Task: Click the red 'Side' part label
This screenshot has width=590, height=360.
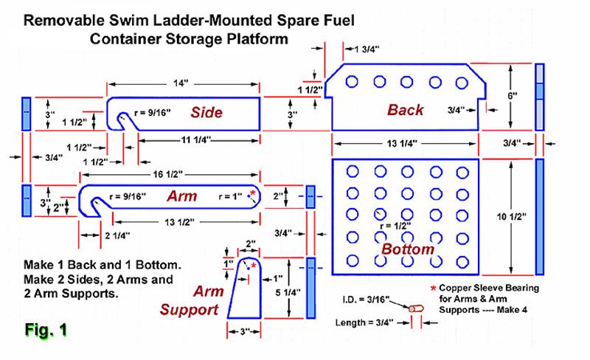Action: (206, 112)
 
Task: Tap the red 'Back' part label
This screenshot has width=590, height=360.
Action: (405, 110)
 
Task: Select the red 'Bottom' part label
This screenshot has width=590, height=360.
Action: (408, 249)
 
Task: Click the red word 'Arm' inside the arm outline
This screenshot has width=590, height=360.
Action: (182, 195)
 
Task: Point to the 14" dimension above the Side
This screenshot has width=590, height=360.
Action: (181, 83)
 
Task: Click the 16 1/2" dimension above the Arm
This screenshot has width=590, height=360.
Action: (168, 174)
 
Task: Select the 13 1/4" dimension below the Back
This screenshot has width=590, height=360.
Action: (402, 143)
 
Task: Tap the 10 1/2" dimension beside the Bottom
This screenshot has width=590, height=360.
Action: (511, 217)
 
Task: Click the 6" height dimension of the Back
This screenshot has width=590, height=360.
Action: (512, 96)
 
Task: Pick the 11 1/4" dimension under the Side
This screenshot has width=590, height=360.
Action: (195, 140)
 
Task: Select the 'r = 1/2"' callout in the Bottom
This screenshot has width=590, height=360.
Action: (395, 226)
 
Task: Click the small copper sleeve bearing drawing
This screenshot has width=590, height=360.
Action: (416, 309)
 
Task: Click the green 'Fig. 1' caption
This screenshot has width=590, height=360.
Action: (46, 330)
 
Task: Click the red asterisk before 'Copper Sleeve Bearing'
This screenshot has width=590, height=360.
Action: (433, 288)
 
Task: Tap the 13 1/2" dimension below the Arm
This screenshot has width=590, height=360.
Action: (179, 222)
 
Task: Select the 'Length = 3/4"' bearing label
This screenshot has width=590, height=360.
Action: (364, 322)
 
